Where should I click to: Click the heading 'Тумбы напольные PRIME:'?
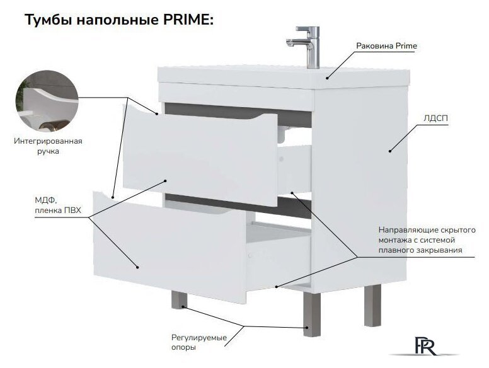(x=120, y=20)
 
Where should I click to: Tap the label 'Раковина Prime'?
(x=386, y=46)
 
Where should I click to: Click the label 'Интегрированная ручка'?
(x=48, y=146)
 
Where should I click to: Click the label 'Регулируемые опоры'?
(x=198, y=343)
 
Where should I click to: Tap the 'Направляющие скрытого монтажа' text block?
(x=427, y=240)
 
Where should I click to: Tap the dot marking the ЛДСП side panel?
(x=390, y=150)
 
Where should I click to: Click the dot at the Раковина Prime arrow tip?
(x=327, y=78)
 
